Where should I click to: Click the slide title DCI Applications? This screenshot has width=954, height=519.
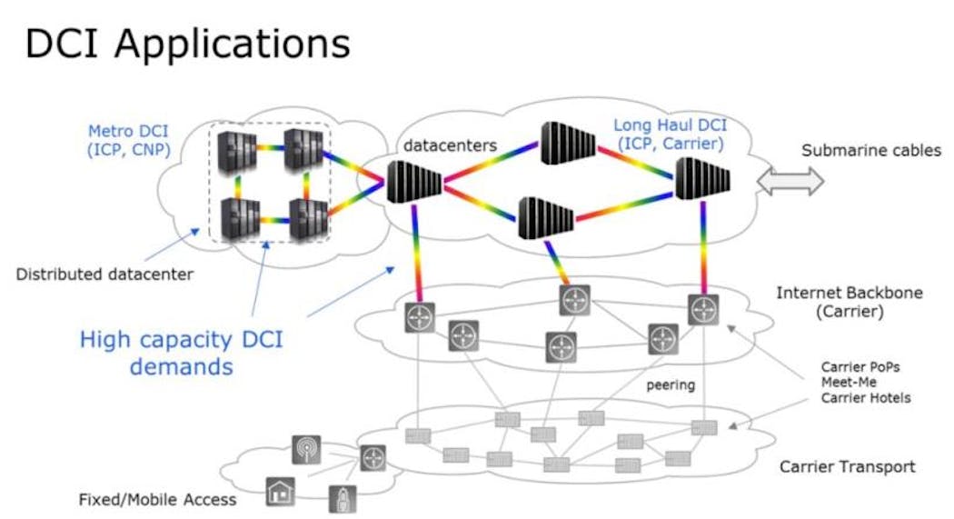tap(187, 45)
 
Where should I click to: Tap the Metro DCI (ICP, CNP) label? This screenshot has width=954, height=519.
tap(128, 140)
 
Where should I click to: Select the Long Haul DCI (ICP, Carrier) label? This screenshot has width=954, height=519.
tap(669, 134)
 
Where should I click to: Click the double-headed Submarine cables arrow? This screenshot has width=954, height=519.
tap(790, 182)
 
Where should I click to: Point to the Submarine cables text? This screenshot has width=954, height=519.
tap(870, 151)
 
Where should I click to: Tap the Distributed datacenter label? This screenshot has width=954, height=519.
tap(104, 274)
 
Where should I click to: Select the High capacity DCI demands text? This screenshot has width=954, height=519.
tap(181, 354)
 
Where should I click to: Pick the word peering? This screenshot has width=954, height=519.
tap(671, 384)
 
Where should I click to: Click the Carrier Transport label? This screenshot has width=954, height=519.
tap(847, 467)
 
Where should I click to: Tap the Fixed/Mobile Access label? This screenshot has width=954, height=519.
tap(157, 499)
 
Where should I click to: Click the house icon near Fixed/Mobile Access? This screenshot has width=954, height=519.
tap(280, 491)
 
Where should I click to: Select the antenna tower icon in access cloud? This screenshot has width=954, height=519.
tap(305, 449)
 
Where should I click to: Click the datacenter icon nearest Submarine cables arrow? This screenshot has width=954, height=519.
tap(703, 179)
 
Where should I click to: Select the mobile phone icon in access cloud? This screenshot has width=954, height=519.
tap(343, 498)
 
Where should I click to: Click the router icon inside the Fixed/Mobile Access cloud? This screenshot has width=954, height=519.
tap(373, 458)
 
